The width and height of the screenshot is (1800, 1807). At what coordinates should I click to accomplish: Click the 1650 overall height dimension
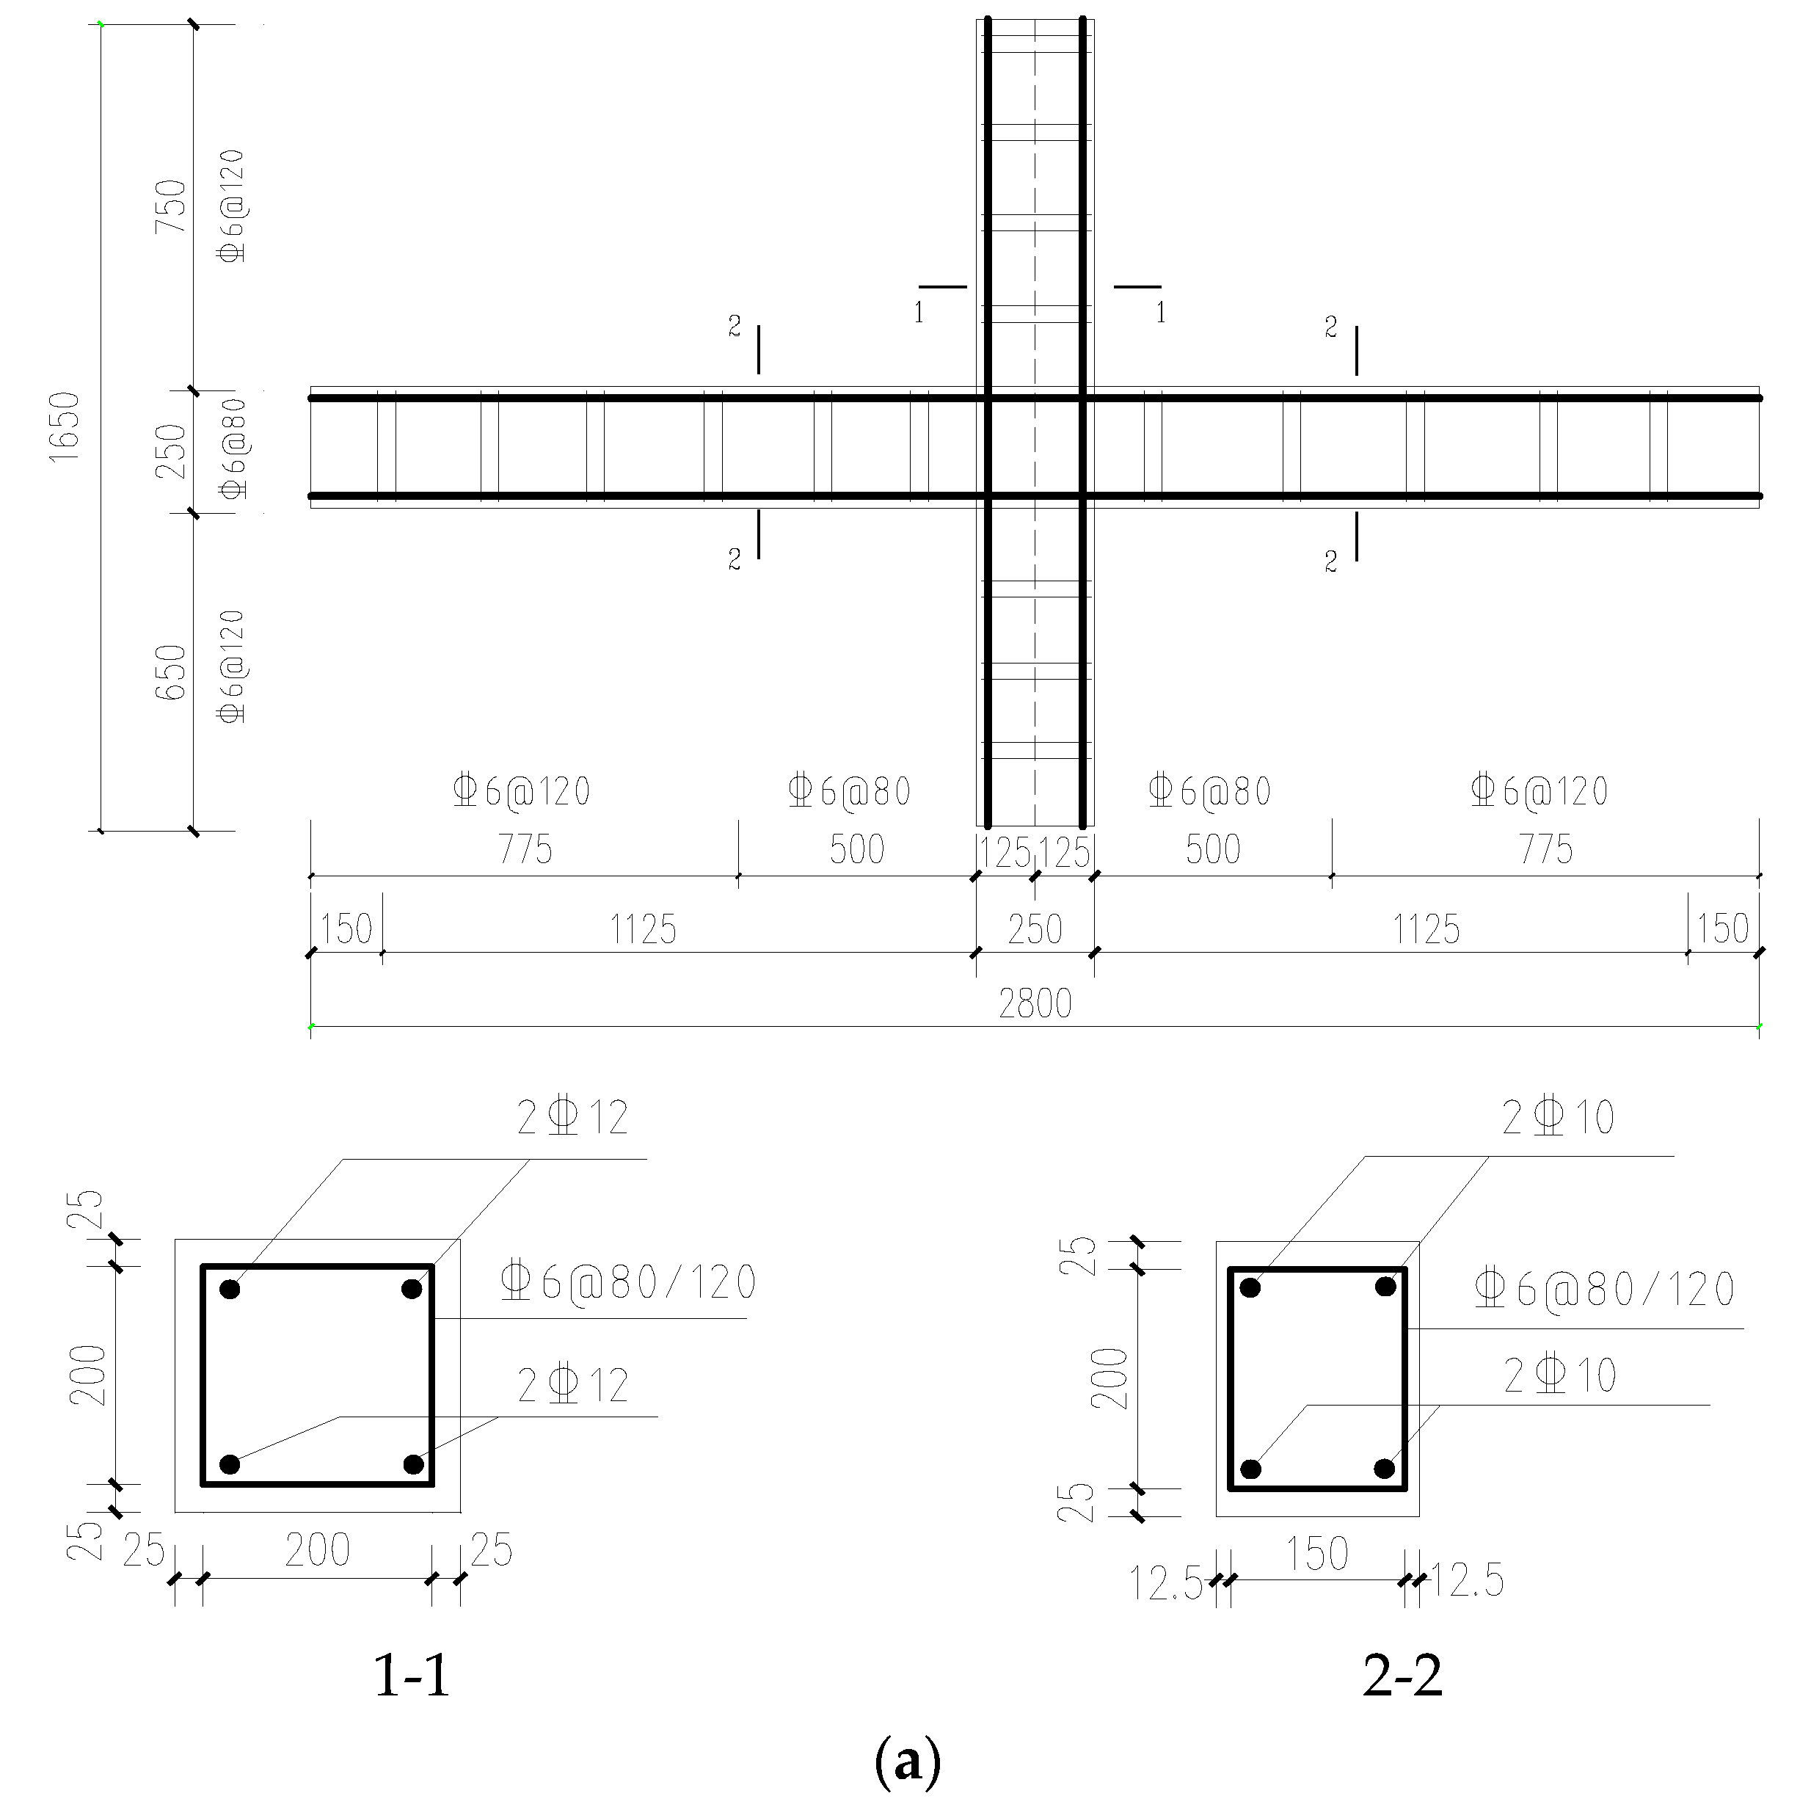(65, 426)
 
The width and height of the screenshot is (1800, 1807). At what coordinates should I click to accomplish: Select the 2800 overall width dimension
(1035, 1003)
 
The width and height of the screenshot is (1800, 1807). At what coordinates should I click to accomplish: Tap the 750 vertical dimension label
(171, 207)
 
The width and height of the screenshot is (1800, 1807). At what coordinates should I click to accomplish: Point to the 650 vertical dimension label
(171, 672)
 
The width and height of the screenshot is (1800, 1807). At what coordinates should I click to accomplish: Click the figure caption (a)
(907, 1762)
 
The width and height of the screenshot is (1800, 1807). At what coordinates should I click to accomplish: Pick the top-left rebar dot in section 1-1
(230, 1290)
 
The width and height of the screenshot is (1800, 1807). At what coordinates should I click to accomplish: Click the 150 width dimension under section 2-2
(1316, 1555)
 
